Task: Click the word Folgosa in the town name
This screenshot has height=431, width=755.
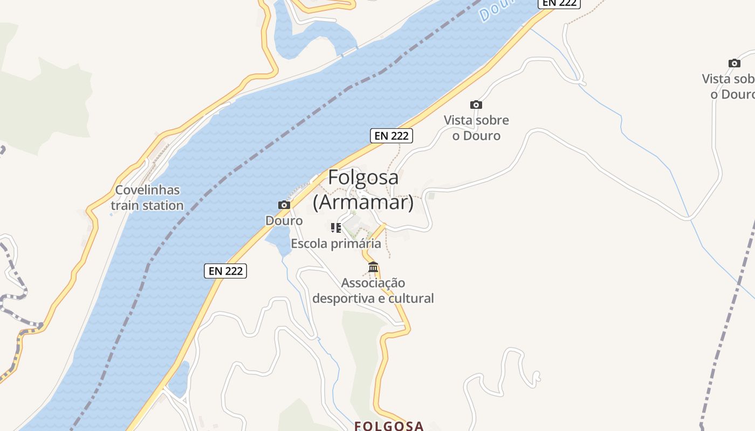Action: pos(363,177)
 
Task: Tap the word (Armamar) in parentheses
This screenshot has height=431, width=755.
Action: pos(363,203)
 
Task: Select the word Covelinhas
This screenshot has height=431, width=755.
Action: pos(147,190)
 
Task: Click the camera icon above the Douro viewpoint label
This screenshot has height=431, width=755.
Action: pos(284,205)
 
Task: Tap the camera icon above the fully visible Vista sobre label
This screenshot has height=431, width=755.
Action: pos(476,105)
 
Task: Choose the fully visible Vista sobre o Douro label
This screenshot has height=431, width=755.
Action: pos(476,128)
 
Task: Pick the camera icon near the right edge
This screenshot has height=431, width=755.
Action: pos(734,63)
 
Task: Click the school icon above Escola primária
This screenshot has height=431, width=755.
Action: pos(336,228)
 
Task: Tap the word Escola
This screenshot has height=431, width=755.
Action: pos(308,244)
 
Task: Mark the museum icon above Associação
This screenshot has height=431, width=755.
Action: pos(373,267)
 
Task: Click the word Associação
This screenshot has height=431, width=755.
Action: pos(373,283)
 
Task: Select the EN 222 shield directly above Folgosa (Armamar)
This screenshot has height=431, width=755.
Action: pos(392,136)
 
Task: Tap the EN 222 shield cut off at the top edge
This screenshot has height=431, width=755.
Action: pos(560,3)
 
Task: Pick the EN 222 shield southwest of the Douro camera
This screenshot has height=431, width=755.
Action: pos(225,271)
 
